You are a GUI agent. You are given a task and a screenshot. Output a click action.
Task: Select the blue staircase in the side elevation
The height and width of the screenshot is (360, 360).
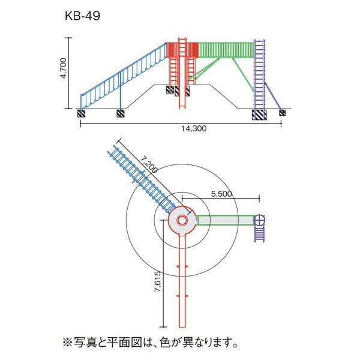[123, 75]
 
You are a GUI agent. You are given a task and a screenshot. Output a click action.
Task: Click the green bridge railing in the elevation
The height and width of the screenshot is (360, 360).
[225, 50]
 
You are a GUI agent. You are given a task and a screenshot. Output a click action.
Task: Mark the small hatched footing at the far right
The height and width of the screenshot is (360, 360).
[282, 112]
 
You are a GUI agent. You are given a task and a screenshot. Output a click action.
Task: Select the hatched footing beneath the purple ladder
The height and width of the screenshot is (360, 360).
[259, 114]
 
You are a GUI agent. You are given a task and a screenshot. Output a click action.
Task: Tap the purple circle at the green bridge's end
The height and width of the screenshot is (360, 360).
[259, 220]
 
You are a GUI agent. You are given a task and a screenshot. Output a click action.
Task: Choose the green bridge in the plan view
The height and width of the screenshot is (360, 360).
[225, 220]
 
